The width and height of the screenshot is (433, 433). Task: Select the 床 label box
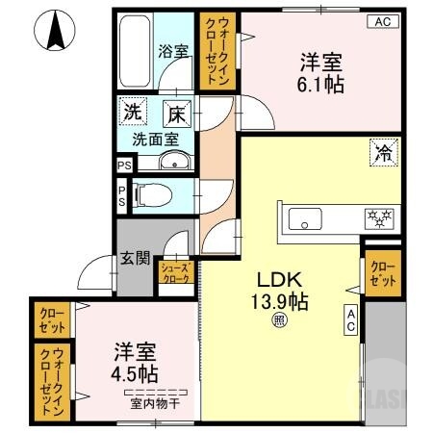coord(178,113)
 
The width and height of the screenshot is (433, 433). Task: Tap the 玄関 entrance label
coord(135,257)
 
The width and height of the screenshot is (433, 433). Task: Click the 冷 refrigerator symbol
coord(382,151)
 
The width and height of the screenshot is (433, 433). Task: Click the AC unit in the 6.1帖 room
coord(381,21)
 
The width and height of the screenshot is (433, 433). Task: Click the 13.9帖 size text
coord(278,301)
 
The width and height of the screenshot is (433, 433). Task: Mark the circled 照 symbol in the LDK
coord(279,321)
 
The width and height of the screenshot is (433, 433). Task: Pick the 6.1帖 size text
coord(320,84)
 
